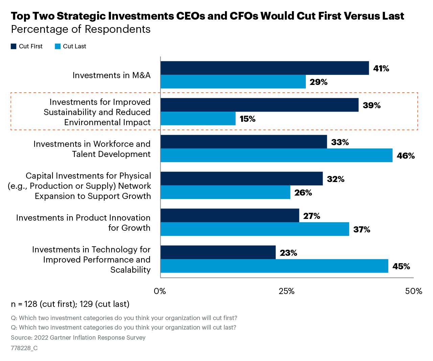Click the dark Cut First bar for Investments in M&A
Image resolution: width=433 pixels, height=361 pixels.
tap(265, 68)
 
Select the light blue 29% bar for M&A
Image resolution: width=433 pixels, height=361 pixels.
tap(233, 82)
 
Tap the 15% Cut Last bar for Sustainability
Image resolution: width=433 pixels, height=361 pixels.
tap(198, 119)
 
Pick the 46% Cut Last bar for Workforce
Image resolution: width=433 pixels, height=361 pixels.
tap(276, 155)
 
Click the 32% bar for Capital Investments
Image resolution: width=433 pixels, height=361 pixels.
tap(242, 179)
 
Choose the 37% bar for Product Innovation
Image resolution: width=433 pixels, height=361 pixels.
tap(255, 229)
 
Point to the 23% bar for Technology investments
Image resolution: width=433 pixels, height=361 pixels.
tap(218, 252)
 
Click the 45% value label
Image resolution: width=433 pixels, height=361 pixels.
tap(401, 266)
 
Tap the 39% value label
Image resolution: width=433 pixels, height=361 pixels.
tap(371, 105)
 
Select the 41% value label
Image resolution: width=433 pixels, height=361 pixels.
tap(381, 68)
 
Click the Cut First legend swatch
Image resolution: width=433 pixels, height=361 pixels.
tap(14, 46)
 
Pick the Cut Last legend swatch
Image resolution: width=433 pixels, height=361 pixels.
tap(58, 46)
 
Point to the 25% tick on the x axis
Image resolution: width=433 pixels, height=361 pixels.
tap(287, 291)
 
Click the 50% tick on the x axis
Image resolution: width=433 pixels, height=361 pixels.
tap(413, 291)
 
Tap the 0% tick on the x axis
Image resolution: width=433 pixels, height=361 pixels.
tap(160, 291)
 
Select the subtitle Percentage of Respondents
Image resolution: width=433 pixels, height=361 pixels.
tap(81, 29)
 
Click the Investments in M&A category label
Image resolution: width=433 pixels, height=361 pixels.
tap(111, 75)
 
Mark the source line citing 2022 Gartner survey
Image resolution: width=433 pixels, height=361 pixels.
tap(78, 338)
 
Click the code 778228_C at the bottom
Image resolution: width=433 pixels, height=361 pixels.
tap(24, 348)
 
